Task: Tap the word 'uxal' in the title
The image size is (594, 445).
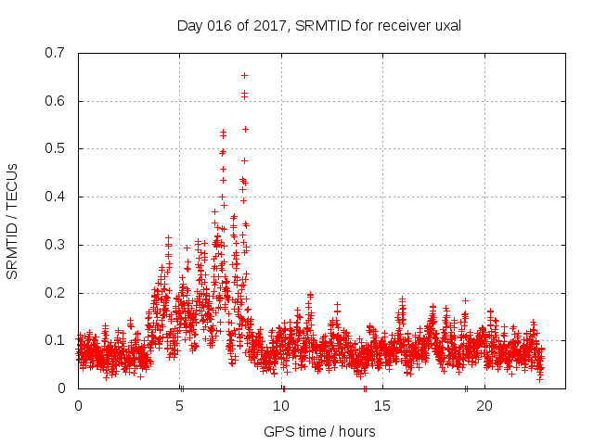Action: [446, 26]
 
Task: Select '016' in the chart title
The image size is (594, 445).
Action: [221, 26]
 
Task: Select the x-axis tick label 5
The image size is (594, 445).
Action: [180, 406]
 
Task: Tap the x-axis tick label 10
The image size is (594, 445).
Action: [281, 406]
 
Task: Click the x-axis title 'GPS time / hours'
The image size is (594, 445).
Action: [319, 431]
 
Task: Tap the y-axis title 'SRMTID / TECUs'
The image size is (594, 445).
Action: [13, 221]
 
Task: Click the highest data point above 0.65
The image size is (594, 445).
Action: [244, 75]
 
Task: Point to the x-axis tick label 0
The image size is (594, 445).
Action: [78, 406]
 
